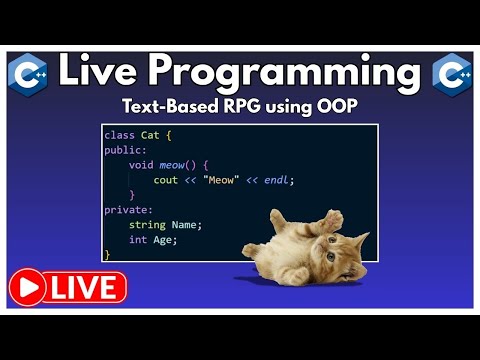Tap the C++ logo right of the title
click(x=453, y=73)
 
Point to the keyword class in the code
click(x=118, y=134)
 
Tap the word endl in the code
click(x=279, y=180)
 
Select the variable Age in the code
click(x=164, y=240)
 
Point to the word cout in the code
click(x=165, y=180)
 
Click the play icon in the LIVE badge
click(x=29, y=288)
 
